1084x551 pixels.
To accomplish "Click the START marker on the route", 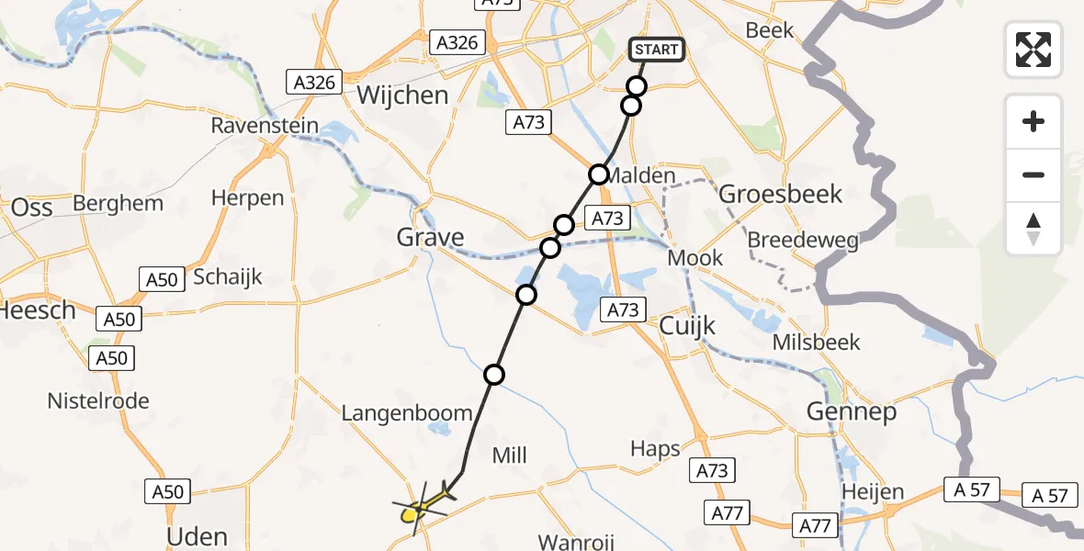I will [656, 50].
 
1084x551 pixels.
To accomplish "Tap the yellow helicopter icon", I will [423, 505].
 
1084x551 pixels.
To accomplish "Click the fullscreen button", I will [1033, 50].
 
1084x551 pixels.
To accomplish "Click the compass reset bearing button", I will [1033, 229].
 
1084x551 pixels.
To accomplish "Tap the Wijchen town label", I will [402, 96].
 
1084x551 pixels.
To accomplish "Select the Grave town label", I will [430, 238].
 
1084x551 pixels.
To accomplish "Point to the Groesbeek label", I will [780, 195].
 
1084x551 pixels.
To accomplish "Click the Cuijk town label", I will [687, 327].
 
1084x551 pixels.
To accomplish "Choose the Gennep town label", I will [851, 412].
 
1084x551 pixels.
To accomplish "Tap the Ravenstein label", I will [265, 126].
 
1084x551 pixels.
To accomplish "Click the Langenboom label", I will [406, 413].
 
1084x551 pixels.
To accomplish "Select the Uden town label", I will [198, 536].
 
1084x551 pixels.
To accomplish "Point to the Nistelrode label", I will [98, 401].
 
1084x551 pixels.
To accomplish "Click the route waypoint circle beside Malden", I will [599, 174].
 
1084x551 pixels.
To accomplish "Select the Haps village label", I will [655, 449].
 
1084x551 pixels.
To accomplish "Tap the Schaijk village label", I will [228, 276].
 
